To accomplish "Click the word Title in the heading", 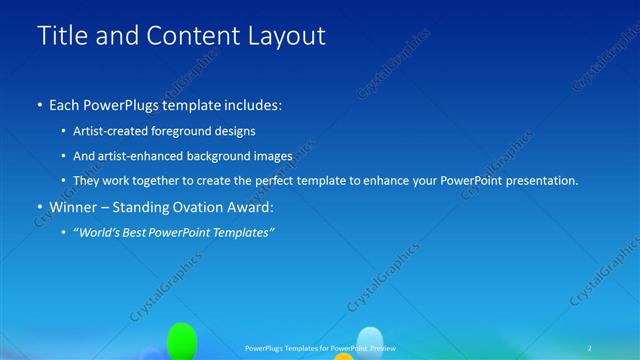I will click(x=59, y=36).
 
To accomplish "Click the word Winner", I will click(x=73, y=207).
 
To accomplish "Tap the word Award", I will click(x=247, y=207).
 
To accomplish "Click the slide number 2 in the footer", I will click(x=589, y=347).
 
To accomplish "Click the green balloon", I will click(x=180, y=340).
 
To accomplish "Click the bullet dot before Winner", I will click(x=39, y=208).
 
